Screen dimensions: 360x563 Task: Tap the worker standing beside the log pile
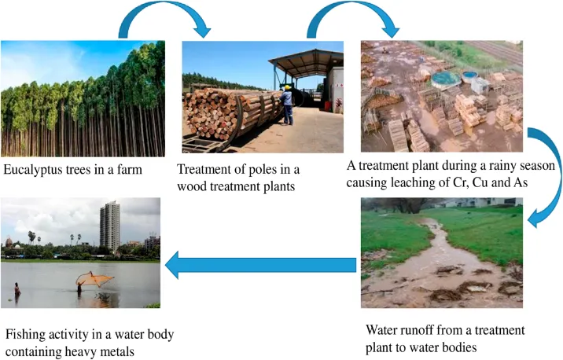[287, 105]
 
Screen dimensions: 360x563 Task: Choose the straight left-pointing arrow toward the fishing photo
[259, 266]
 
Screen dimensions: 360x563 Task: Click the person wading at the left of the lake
[17, 291]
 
